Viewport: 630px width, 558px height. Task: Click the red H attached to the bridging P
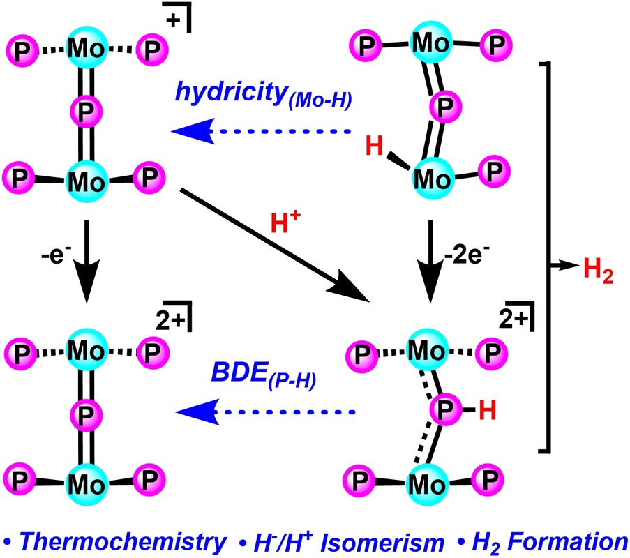pos(488,412)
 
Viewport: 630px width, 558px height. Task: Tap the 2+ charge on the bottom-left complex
pos(167,319)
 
